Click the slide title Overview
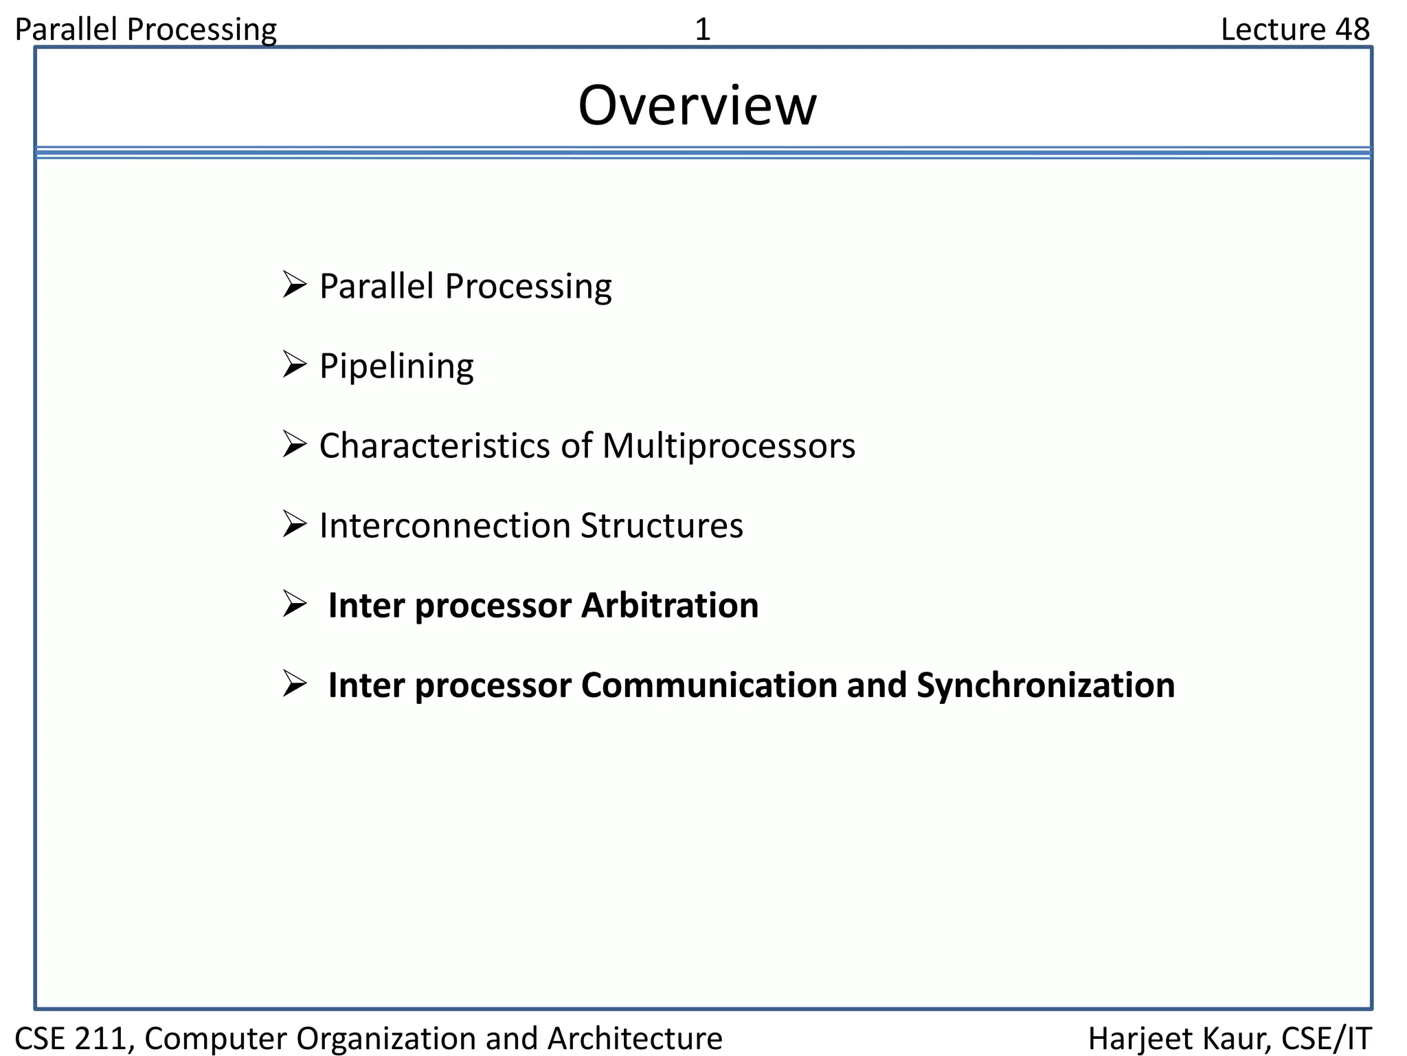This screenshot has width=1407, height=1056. [697, 106]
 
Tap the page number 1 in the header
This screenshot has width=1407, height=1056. [702, 30]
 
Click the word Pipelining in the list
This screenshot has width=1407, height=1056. [396, 366]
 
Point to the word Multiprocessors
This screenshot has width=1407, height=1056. [728, 445]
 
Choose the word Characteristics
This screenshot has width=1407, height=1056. [434, 445]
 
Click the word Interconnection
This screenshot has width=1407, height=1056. [445, 526]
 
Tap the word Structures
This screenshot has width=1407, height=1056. [662, 526]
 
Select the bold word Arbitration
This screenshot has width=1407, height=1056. [670, 606]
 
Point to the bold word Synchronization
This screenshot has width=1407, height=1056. [1046, 685]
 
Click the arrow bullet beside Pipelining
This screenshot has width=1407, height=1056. [294, 365]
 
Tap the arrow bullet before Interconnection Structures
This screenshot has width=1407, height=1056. [294, 525]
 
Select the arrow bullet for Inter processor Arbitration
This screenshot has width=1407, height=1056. [294, 605]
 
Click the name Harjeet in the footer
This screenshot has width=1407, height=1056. [1132, 1038]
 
